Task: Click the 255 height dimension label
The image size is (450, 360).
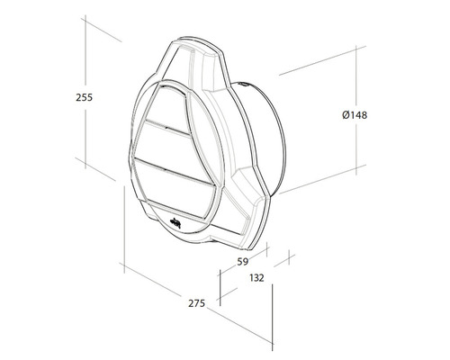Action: point(85,97)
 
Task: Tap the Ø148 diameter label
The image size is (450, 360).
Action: point(355,115)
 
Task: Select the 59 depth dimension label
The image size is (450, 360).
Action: point(243,262)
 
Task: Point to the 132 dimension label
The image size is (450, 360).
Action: point(256,278)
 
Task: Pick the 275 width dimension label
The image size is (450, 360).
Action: point(197,303)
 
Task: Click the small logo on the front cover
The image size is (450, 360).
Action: point(175,223)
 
